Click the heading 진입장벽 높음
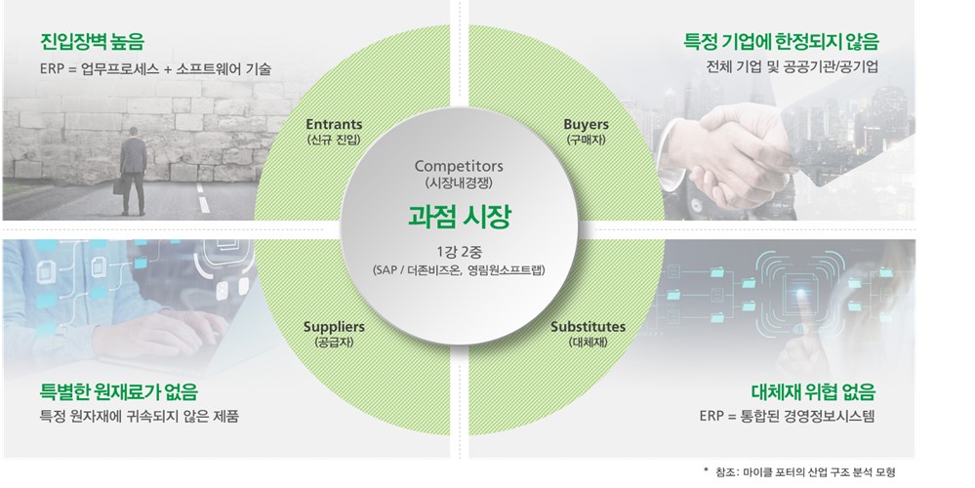coord(93,42)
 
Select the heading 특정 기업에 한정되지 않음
coord(782,42)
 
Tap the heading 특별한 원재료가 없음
coord(119,392)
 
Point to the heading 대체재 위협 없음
coord(812,392)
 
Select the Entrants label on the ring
coord(334,125)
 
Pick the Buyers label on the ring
coord(586,125)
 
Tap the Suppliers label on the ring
coord(334,326)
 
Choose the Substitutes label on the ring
coord(588,326)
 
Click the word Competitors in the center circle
coord(458,166)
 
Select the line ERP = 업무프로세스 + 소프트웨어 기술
coord(156,69)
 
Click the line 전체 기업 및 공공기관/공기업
coord(791,68)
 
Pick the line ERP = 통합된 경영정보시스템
coord(787,417)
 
